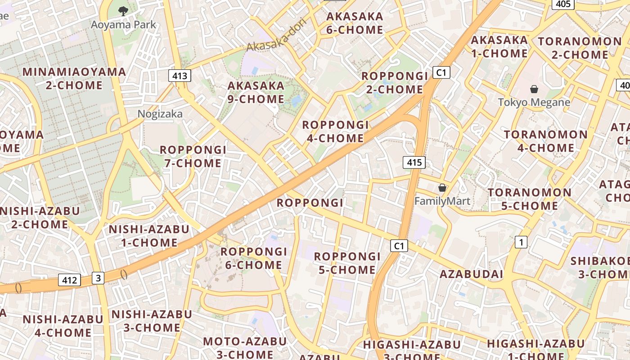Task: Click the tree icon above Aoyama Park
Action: click(x=123, y=11)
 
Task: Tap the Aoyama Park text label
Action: click(x=123, y=24)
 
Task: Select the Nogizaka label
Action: click(x=160, y=114)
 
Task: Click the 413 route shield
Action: click(x=180, y=76)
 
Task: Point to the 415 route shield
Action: click(x=414, y=162)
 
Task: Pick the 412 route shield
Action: click(x=69, y=280)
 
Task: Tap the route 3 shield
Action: click(x=98, y=278)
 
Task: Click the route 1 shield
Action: click(x=521, y=243)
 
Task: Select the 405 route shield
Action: click(x=563, y=4)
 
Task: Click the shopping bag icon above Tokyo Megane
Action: click(x=534, y=89)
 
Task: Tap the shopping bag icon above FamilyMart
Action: click(x=442, y=188)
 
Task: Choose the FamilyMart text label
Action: click(x=442, y=201)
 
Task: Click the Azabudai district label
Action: click(x=471, y=274)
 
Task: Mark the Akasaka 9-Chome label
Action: click(x=256, y=92)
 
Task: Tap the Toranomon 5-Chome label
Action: click(x=523, y=199)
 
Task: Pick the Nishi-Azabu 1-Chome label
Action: click(x=149, y=236)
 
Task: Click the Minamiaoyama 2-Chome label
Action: click(x=74, y=78)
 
